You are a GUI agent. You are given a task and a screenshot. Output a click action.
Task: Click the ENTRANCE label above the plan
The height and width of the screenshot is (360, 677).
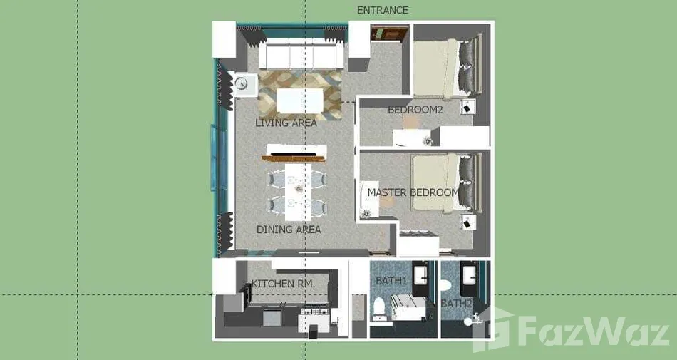[x=383, y=10]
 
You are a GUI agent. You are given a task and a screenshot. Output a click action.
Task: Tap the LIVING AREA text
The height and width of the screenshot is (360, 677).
[x=286, y=123]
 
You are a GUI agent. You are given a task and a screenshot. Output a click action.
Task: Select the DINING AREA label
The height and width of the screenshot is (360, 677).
[x=289, y=230]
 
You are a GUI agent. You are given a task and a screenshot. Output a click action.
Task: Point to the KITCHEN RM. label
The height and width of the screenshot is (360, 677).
[x=283, y=284]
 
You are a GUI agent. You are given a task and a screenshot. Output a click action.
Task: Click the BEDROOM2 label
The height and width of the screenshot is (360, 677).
[x=415, y=110]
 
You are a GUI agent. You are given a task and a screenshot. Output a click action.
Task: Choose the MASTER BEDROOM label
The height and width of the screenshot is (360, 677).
[x=413, y=192]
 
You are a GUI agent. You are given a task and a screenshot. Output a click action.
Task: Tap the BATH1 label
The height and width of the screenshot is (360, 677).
[x=391, y=281]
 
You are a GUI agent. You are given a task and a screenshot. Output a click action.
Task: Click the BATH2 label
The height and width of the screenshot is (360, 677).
[x=456, y=304]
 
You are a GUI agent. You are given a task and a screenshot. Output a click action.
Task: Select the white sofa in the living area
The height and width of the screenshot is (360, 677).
[x=301, y=53]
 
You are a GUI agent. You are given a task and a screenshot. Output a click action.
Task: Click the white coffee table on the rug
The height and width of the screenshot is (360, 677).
[x=299, y=101]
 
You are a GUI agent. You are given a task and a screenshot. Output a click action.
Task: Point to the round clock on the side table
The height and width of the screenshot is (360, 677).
[x=242, y=83]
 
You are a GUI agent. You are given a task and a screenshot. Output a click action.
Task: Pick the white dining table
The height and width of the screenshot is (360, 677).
[x=298, y=191]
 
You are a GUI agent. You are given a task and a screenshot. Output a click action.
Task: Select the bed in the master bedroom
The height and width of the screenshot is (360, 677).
[x=445, y=182]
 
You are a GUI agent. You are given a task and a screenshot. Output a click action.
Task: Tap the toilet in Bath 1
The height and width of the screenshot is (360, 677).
[x=379, y=308]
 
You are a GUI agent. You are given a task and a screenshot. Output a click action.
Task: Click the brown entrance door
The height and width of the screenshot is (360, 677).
[x=389, y=34]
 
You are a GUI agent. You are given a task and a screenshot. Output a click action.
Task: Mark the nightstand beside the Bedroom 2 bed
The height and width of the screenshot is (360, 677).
[x=468, y=107]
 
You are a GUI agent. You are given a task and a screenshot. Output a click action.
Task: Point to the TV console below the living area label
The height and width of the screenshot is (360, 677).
[x=295, y=154]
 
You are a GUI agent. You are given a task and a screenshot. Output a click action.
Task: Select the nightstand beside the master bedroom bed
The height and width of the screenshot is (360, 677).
[x=468, y=222]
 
